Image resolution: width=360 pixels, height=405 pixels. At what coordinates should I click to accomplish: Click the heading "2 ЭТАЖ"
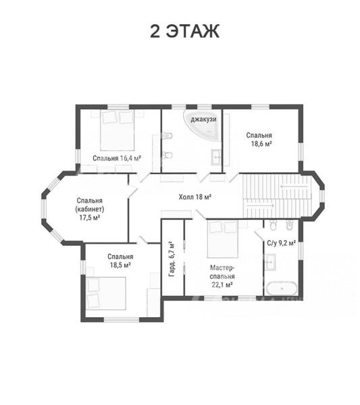[185, 31]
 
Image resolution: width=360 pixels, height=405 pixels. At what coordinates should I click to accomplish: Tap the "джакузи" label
[203, 119]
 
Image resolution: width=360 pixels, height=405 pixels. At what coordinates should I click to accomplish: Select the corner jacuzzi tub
[203, 126]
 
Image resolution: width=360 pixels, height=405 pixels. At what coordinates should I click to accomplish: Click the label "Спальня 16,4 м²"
[117, 158]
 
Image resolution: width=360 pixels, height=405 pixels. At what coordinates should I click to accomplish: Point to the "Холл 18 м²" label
[195, 197]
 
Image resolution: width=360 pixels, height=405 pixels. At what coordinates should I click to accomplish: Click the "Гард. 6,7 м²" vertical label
[172, 259]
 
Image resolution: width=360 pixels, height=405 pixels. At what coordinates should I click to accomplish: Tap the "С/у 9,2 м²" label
[281, 243]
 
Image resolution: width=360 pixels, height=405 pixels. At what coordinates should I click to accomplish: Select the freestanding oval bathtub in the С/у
[282, 288]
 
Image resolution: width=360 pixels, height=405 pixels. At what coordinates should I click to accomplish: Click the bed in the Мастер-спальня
[222, 239]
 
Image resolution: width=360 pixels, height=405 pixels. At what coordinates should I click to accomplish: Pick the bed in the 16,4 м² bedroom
[118, 130]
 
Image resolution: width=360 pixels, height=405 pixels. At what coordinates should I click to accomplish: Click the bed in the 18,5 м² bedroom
[106, 293]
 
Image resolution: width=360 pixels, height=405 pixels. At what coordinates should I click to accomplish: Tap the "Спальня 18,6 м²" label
[259, 140]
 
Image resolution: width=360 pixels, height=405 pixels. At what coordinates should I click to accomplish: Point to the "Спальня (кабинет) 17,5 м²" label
[90, 209]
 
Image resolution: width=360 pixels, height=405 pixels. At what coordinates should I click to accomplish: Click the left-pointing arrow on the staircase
[294, 186]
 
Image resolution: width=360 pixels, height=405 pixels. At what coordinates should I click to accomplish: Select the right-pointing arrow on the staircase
[261, 206]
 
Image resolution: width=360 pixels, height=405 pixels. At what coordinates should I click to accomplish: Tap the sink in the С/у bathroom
[269, 262]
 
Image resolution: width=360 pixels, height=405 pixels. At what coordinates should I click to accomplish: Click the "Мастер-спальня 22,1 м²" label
[222, 276]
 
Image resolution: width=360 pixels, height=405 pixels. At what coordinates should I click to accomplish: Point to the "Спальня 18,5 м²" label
[120, 261]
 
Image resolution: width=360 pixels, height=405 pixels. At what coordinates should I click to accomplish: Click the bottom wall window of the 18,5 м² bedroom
[122, 319]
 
